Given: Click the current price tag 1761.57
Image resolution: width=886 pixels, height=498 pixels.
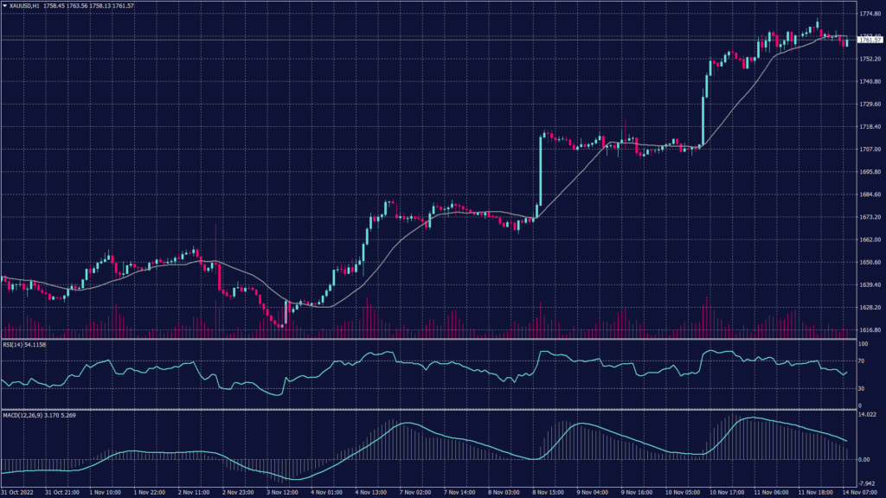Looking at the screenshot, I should [x=869, y=40].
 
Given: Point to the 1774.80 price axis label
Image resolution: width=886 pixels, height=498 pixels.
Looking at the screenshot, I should [x=869, y=15].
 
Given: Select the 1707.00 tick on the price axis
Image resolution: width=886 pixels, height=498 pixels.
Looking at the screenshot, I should [x=869, y=149].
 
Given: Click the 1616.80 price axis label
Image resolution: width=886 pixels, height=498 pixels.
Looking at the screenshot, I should [x=869, y=329].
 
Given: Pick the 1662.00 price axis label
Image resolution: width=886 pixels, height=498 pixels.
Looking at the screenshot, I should [x=869, y=239].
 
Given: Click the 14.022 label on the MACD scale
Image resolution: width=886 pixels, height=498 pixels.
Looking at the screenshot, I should [x=867, y=416].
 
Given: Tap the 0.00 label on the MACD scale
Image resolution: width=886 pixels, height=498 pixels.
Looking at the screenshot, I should [x=864, y=459].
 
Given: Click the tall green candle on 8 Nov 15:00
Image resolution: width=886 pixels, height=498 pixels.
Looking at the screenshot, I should [x=540, y=173].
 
